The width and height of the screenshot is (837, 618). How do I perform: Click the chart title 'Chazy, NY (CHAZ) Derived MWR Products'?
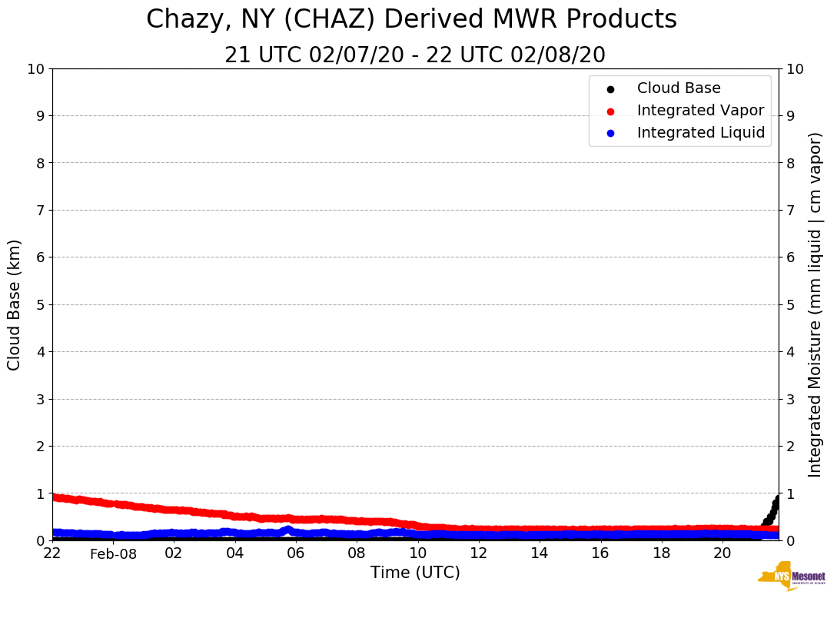click(411, 19)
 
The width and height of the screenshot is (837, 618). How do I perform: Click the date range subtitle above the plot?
click(415, 55)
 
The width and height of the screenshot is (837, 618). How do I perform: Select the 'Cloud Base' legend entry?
click(679, 88)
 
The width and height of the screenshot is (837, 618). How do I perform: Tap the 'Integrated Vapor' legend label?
click(700, 111)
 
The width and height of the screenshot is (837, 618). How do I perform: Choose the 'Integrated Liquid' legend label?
click(701, 133)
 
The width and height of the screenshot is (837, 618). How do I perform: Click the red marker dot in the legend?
click(610, 111)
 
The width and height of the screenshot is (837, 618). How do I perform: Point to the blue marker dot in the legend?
click(610, 133)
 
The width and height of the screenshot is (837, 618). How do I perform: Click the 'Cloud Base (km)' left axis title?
click(15, 304)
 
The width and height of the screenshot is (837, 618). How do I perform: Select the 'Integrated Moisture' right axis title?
click(815, 304)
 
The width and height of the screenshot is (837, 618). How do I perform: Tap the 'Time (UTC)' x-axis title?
click(415, 573)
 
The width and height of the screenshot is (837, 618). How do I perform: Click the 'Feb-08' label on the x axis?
click(113, 554)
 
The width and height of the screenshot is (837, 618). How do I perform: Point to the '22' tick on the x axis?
click(52, 553)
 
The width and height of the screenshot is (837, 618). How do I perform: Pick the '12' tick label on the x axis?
click(478, 553)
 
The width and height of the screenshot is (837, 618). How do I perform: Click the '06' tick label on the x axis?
click(296, 553)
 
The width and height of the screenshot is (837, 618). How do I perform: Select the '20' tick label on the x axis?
click(722, 553)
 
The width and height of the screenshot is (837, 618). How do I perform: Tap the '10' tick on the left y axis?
click(35, 69)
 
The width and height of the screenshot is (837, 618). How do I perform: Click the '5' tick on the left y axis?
click(40, 304)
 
